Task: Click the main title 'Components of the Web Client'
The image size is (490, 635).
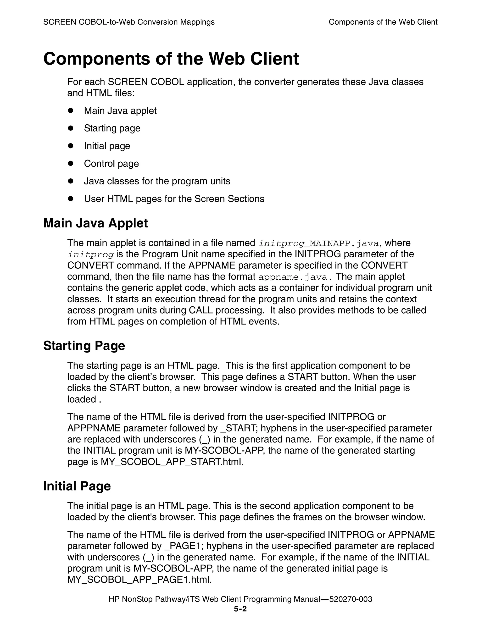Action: (x=171, y=59)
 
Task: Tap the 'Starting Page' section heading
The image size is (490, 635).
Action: (x=84, y=346)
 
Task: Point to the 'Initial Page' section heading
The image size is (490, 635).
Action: (x=77, y=486)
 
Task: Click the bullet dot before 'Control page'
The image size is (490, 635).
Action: (x=70, y=163)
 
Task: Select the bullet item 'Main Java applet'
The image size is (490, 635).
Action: (x=120, y=111)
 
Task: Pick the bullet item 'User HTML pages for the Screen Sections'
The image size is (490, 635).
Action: (x=174, y=199)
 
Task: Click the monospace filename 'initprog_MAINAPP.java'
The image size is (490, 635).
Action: (x=319, y=243)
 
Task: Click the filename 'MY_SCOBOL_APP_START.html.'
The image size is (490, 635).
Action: (x=172, y=462)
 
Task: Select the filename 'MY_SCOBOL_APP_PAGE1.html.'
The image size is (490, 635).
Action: (x=139, y=580)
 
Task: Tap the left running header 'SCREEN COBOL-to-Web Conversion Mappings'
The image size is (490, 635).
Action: (x=129, y=22)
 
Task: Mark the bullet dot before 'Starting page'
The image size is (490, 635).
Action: (x=70, y=128)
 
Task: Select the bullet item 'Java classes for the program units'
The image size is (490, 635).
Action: (x=157, y=181)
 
